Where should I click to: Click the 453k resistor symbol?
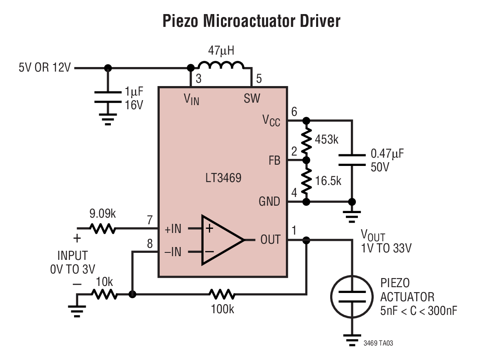pos(306,140)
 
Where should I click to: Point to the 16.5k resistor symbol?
pos(306,181)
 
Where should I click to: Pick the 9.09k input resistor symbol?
pos(102,228)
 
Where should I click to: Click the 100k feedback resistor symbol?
pos(222,295)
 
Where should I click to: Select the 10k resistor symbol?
pos(104,295)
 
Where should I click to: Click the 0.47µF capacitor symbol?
pos(352,160)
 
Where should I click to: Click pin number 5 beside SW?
pos(259,78)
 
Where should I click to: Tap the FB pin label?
pos(274,161)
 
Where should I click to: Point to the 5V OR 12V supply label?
pos(44,67)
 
